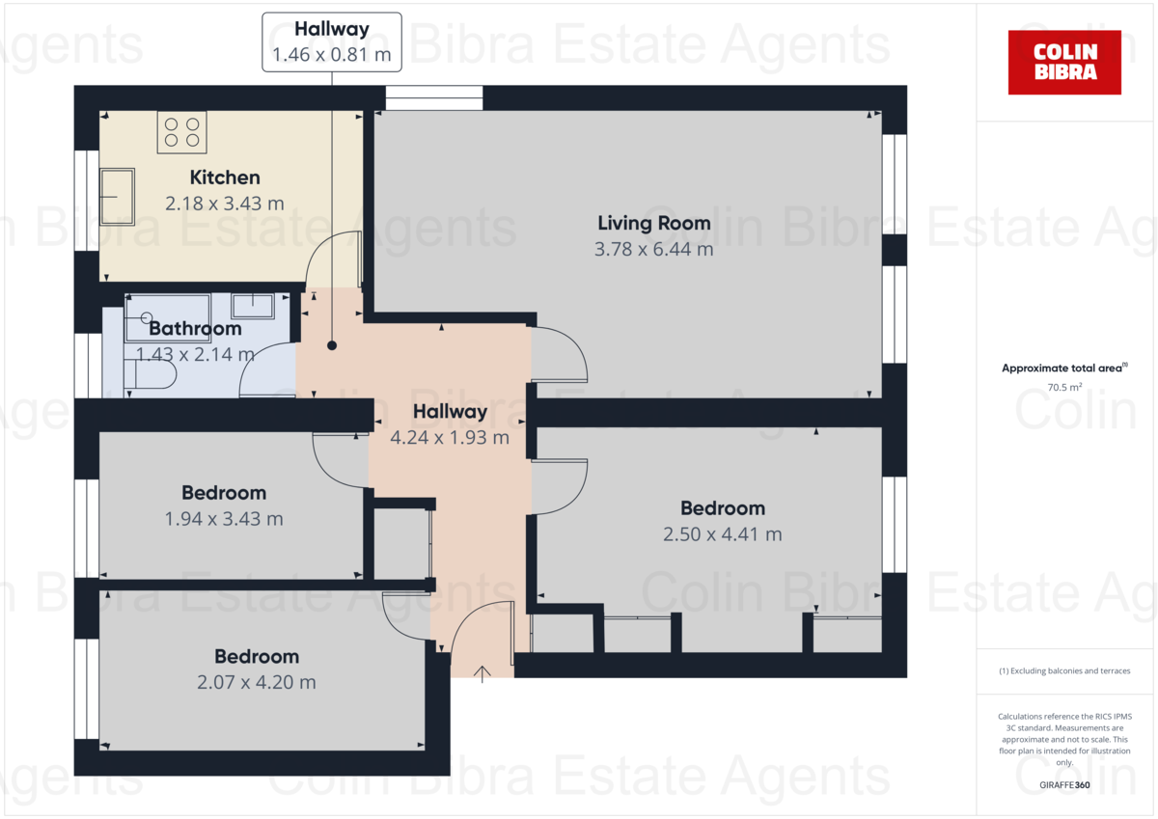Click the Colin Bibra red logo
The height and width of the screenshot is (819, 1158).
(x=1064, y=62)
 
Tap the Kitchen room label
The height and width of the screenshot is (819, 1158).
(x=225, y=177)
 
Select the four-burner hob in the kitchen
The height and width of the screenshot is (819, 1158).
(x=182, y=132)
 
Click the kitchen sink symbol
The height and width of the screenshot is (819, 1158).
(x=118, y=197)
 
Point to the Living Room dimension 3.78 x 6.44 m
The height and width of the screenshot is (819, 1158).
(x=654, y=249)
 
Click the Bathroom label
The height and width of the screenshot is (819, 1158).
(x=195, y=329)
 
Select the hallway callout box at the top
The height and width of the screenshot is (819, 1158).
(x=332, y=42)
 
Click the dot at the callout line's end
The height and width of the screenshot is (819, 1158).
(x=332, y=344)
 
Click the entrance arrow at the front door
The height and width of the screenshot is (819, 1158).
(x=482, y=673)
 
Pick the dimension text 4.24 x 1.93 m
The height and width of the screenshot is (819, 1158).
(x=450, y=437)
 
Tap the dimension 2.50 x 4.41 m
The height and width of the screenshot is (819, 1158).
(x=722, y=533)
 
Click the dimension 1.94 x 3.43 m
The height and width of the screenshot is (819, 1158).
(x=224, y=518)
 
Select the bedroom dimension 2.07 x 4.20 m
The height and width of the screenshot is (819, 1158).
(x=256, y=682)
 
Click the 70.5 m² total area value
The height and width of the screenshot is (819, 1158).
(x=1064, y=388)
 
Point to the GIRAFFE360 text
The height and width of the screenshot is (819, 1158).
(x=1064, y=785)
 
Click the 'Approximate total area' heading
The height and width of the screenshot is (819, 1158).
(x=1062, y=369)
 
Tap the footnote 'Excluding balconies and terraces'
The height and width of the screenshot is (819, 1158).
(x=1064, y=670)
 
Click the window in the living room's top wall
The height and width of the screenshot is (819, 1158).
(x=433, y=97)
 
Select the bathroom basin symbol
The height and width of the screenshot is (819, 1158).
(x=253, y=306)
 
